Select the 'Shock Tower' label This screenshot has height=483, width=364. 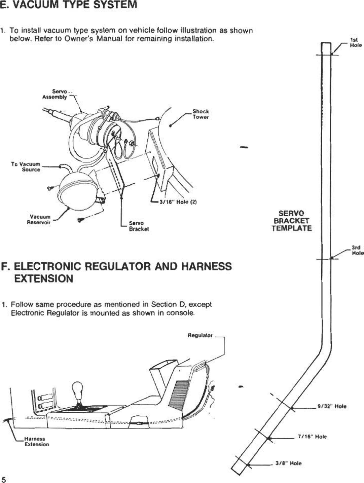coord(201,114)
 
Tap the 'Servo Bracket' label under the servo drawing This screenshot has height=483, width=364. coord(139,226)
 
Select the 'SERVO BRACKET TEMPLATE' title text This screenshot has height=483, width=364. coord(291,221)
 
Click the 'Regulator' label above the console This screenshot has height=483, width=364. coord(200,335)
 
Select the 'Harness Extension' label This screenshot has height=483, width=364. coord(36,442)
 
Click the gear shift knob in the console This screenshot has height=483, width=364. coord(78,388)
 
